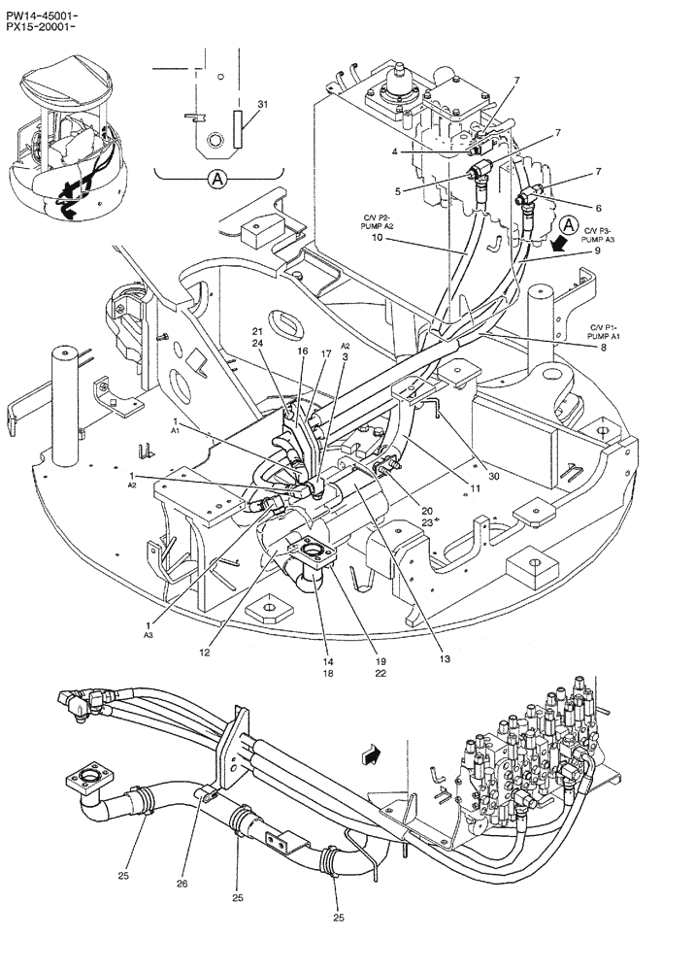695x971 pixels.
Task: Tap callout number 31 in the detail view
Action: [x=262, y=104]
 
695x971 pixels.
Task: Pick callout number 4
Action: [x=395, y=151]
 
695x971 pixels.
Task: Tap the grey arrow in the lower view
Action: [x=370, y=751]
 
